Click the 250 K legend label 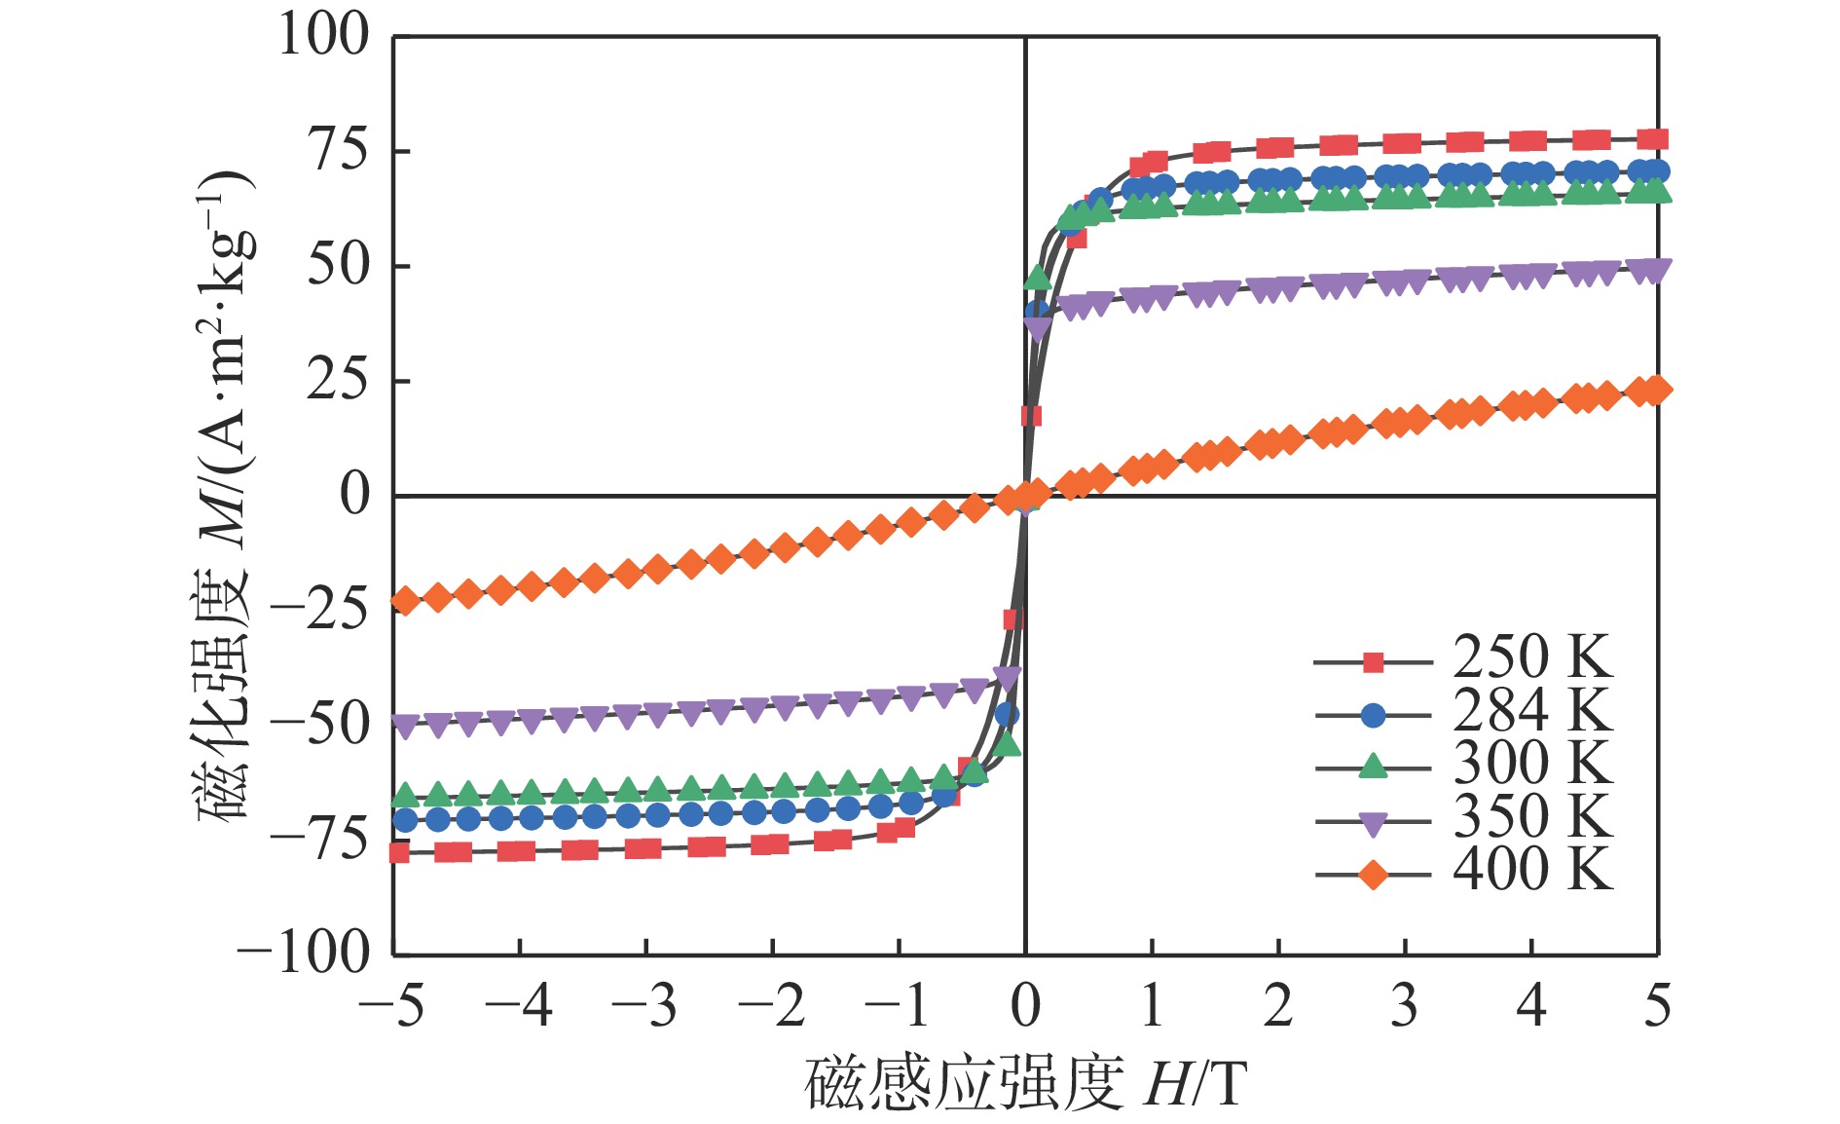point(1532,657)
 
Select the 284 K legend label point(1532,711)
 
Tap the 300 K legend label point(1532,764)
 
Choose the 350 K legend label point(1532,817)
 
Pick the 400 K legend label point(1532,870)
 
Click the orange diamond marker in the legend point(1373,875)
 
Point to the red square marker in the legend point(1373,663)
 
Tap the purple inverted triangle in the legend point(1373,824)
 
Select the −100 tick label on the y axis point(305,953)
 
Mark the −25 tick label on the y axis point(320,610)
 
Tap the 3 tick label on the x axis point(1404,1007)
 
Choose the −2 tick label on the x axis point(771,1007)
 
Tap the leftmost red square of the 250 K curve point(399,853)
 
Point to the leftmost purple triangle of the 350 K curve point(404,725)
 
